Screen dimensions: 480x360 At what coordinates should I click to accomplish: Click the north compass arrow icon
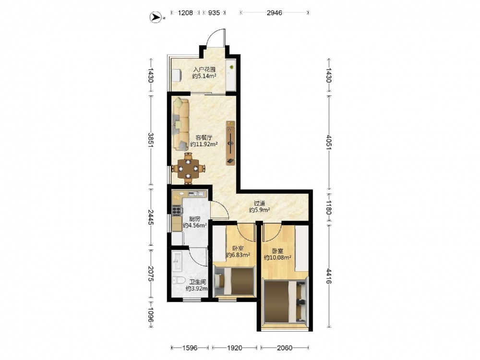click(x=156, y=17)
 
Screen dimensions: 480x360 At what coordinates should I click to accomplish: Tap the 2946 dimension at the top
click(x=274, y=13)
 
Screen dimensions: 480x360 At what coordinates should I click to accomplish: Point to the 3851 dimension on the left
click(x=151, y=140)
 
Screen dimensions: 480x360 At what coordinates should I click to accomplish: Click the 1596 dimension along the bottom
click(x=190, y=348)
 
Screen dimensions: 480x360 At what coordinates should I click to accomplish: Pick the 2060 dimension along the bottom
click(x=284, y=348)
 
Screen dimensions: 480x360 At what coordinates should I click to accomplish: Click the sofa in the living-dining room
click(x=180, y=124)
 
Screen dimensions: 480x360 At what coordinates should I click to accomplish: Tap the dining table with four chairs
click(x=188, y=168)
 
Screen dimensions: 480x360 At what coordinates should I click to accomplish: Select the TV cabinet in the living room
click(x=231, y=143)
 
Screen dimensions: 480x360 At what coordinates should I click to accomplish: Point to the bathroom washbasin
click(x=177, y=261)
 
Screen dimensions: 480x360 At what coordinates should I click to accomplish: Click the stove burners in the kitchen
click(x=176, y=210)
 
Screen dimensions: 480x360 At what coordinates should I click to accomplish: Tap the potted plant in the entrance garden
click(x=231, y=67)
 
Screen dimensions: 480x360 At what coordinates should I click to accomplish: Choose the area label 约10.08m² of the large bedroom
click(x=277, y=258)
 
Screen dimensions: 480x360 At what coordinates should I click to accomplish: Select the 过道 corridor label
click(x=259, y=203)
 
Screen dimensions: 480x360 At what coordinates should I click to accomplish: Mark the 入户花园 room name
click(x=204, y=70)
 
